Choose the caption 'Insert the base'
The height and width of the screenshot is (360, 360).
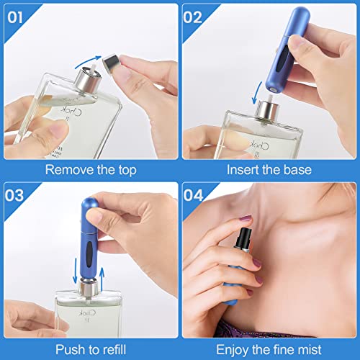271,169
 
